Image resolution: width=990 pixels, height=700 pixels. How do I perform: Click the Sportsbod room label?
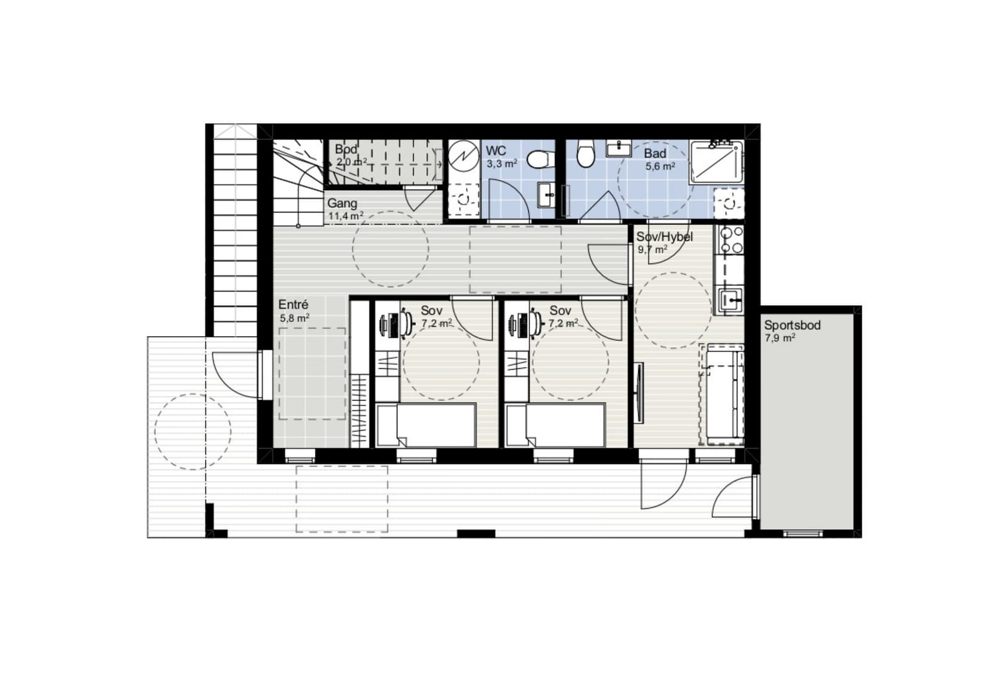(x=793, y=326)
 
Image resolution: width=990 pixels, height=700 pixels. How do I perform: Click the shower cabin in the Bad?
(x=717, y=162)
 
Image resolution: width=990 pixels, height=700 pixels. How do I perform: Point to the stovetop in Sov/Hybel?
(x=730, y=240)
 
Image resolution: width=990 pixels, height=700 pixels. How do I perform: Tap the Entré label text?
(x=293, y=305)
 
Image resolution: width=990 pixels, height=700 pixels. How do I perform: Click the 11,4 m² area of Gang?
(x=346, y=216)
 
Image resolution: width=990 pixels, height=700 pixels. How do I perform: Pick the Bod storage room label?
(x=346, y=149)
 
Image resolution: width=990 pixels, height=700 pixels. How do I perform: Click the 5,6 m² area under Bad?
(x=660, y=166)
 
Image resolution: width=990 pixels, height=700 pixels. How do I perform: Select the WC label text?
(x=496, y=150)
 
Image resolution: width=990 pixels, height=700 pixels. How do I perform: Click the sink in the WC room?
(x=546, y=194)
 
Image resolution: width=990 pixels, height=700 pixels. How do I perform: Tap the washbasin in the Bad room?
(x=619, y=148)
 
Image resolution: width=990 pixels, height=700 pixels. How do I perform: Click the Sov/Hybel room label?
(x=665, y=237)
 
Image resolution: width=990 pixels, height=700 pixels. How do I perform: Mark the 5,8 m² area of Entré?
(x=295, y=318)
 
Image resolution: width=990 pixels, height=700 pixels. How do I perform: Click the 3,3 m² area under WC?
(x=502, y=163)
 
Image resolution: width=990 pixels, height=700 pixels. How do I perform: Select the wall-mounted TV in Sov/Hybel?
(x=639, y=392)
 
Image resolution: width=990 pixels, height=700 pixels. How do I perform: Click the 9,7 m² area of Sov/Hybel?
(x=652, y=250)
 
